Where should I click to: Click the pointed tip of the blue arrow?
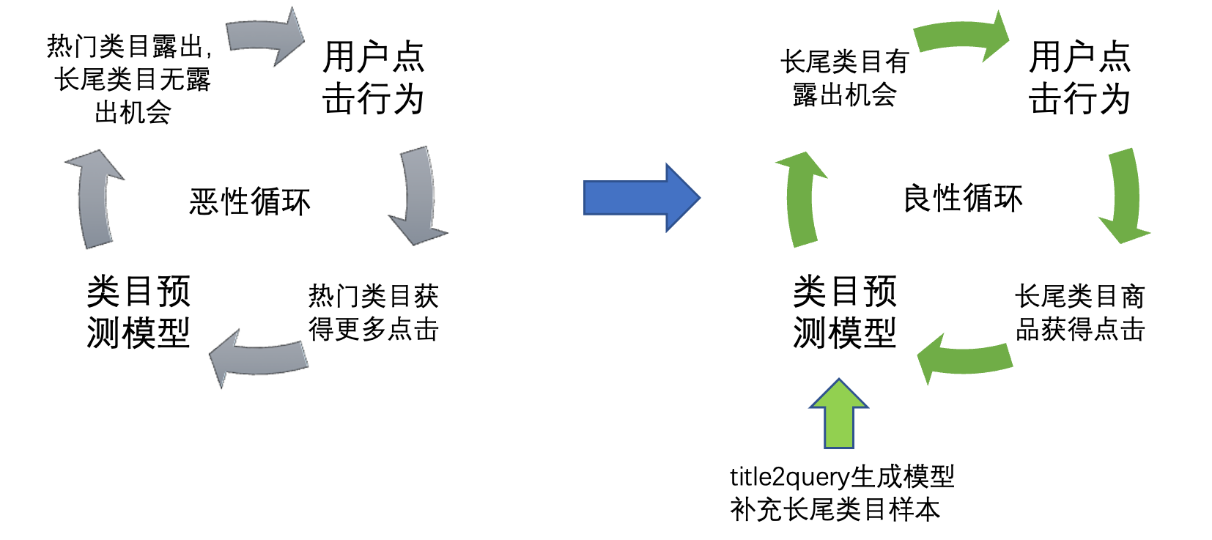point(698,197)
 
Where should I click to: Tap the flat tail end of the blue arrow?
point(586,197)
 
